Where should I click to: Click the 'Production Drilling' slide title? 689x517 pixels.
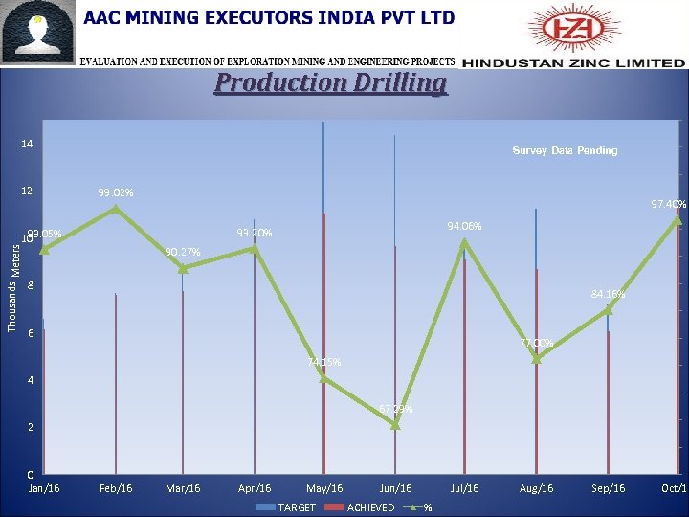pyautogui.click(x=330, y=82)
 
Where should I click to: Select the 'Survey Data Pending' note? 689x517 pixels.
pyautogui.click(x=565, y=150)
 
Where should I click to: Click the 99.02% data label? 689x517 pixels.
pyautogui.click(x=116, y=193)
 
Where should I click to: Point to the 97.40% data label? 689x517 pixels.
pyautogui.click(x=668, y=204)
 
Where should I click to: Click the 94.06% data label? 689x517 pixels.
pyautogui.click(x=464, y=226)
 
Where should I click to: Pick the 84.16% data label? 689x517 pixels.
pyautogui.click(x=609, y=294)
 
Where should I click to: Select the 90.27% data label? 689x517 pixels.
pyautogui.click(x=182, y=252)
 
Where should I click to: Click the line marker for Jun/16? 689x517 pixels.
pyautogui.click(x=395, y=424)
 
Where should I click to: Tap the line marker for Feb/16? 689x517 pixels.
pyautogui.click(x=116, y=208)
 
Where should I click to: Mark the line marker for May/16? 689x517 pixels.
pyautogui.click(x=324, y=378)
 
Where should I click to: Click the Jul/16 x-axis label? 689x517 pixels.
pyautogui.click(x=464, y=488)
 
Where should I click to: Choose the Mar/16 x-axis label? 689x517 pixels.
pyautogui.click(x=183, y=488)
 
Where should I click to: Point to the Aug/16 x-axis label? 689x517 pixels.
pyautogui.click(x=536, y=488)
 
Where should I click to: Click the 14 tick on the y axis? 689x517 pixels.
pyautogui.click(x=28, y=144)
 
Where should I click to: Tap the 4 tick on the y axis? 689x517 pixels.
pyautogui.click(x=30, y=380)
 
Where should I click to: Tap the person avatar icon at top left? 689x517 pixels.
pyautogui.click(x=38, y=34)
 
